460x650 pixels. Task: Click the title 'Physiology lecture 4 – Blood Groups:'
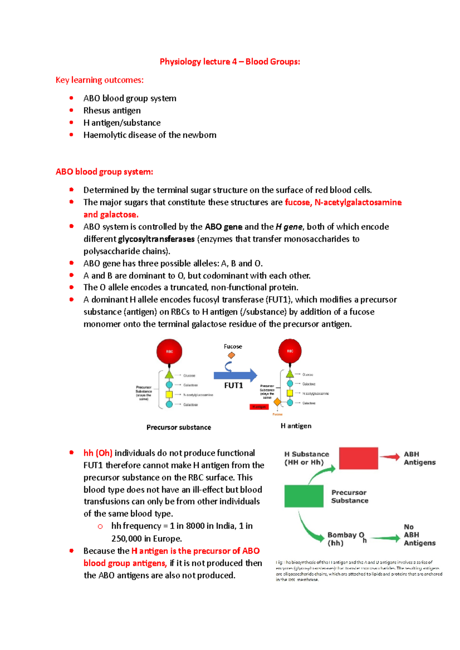pos(230,62)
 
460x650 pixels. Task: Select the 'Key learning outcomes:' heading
pos(100,80)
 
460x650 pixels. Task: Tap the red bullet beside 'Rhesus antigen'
pos(71,110)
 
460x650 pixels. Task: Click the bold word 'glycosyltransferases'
pos(156,239)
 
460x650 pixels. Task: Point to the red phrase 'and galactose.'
pos(111,215)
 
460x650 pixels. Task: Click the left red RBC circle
pos(169,351)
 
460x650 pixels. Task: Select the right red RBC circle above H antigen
pos(290,351)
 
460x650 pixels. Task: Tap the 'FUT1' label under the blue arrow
pos(233,385)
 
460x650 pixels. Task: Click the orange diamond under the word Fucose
pos(231,355)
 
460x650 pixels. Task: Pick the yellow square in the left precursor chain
pos(169,394)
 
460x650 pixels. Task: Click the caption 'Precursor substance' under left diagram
pos(179,427)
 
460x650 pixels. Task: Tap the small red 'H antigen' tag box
pos(259,407)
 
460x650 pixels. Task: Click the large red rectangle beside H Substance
pos(358,458)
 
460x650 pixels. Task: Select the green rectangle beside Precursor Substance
pos(304,496)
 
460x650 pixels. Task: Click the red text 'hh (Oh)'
pos(98,453)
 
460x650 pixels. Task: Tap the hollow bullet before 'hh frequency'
pos(100,527)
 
